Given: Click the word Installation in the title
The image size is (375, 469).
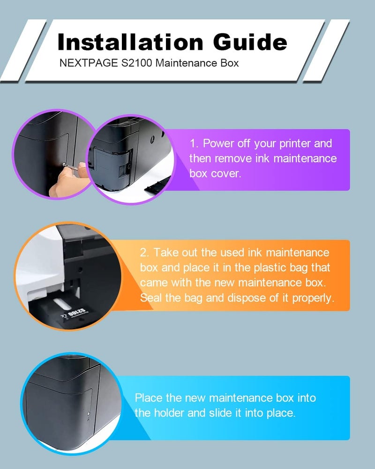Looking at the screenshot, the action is coord(130,42).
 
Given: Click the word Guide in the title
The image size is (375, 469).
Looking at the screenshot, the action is coord(250,42).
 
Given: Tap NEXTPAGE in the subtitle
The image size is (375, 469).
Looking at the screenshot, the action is coord(89,63).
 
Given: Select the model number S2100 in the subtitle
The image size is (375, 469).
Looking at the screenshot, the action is coord(137,63).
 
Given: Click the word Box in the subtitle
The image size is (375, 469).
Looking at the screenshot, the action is coord(229,63).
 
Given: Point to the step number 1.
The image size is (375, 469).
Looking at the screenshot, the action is coord(194,144).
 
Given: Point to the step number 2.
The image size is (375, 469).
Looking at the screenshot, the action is coord(144,253).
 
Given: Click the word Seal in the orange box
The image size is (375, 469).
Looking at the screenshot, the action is coord(151,298).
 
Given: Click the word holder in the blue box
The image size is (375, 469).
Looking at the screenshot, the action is coord(169,413).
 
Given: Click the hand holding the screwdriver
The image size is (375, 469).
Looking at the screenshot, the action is coord(68,180).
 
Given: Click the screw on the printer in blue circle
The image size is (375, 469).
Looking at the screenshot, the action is coord(89,413).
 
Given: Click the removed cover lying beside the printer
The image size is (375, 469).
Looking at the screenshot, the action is coord(157,185).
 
